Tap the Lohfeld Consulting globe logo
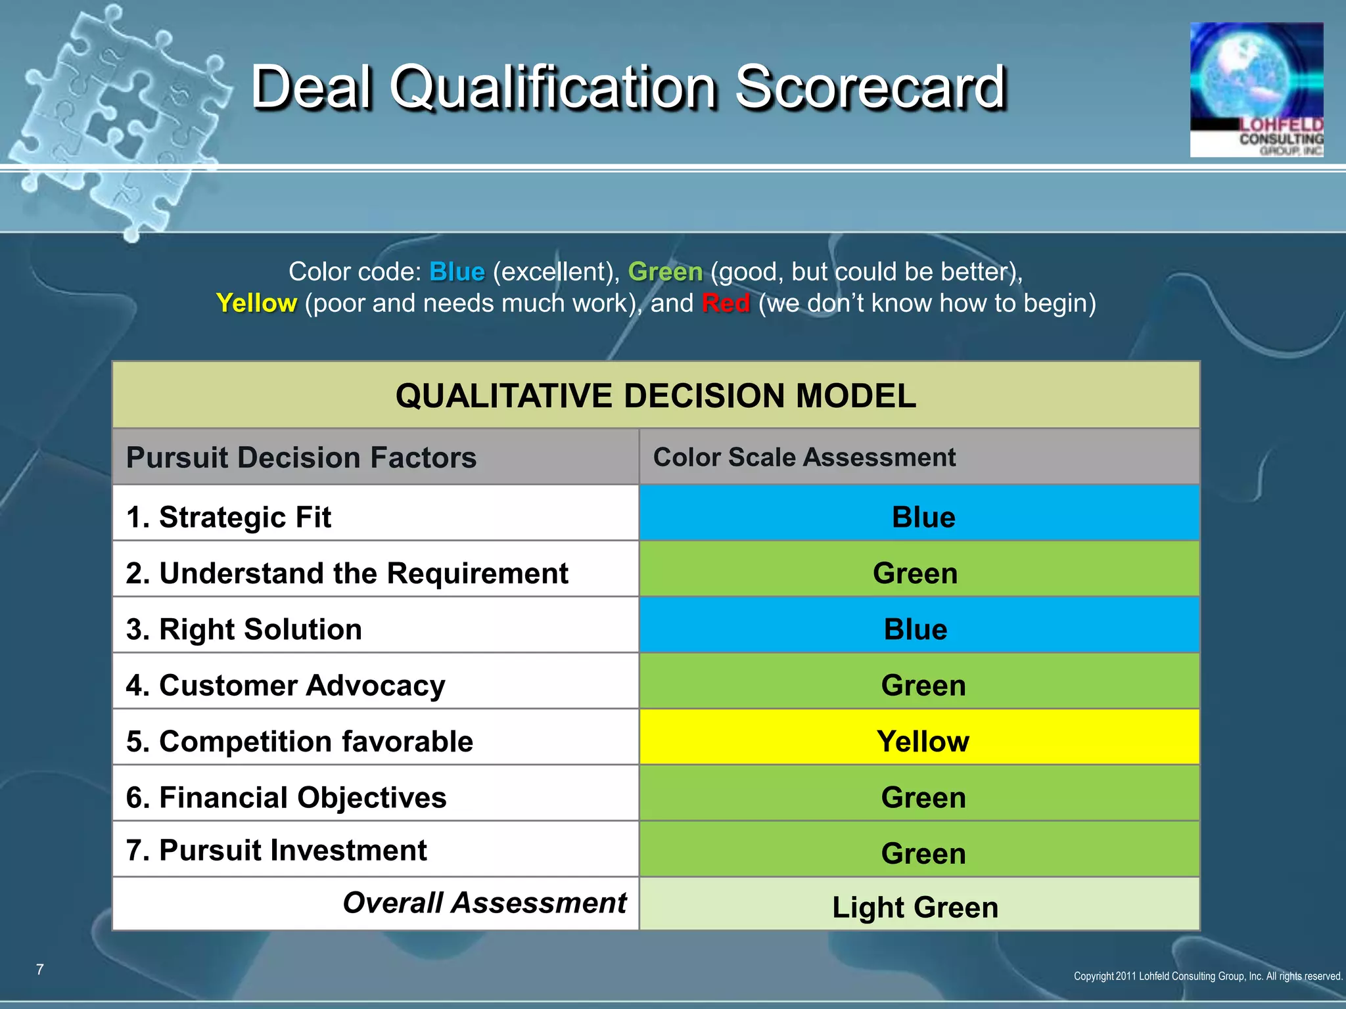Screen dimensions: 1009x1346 (1256, 90)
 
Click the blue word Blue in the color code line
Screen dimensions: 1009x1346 (457, 272)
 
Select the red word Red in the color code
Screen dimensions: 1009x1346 (726, 303)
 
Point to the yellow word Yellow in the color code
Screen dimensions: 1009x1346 (256, 303)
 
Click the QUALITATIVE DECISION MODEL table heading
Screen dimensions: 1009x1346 (655, 396)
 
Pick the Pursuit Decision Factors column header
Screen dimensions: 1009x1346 (301, 458)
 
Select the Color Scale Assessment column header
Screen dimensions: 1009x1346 (804, 457)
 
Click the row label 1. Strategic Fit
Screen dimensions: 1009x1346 (228, 517)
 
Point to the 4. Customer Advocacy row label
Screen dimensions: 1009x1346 (285, 685)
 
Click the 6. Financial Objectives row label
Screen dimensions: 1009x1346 (286, 797)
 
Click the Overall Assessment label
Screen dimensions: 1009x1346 (484, 903)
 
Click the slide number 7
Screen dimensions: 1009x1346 (40, 970)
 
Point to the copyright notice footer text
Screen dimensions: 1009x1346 (1207, 976)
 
